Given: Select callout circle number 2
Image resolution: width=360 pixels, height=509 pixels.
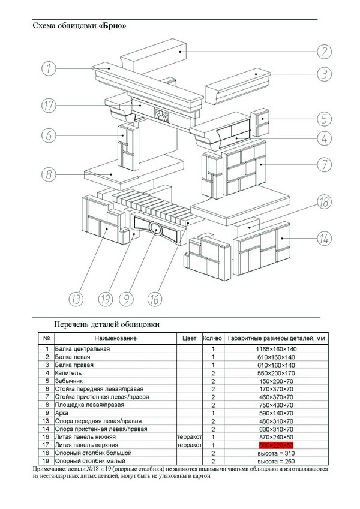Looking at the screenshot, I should pos(325,52).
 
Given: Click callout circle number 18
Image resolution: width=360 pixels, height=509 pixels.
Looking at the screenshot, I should pos(325,202).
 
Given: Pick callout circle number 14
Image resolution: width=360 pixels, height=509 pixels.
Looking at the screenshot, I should pos(325,239).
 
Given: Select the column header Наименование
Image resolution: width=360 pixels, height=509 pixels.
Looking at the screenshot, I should pos(115,338).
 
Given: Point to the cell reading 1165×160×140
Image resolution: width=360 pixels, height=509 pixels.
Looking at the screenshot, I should pos(277,349).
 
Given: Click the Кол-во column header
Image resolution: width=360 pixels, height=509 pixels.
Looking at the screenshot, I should pos(212,338).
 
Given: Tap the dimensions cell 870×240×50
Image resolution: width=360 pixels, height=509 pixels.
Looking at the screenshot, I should pos(277,438).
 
